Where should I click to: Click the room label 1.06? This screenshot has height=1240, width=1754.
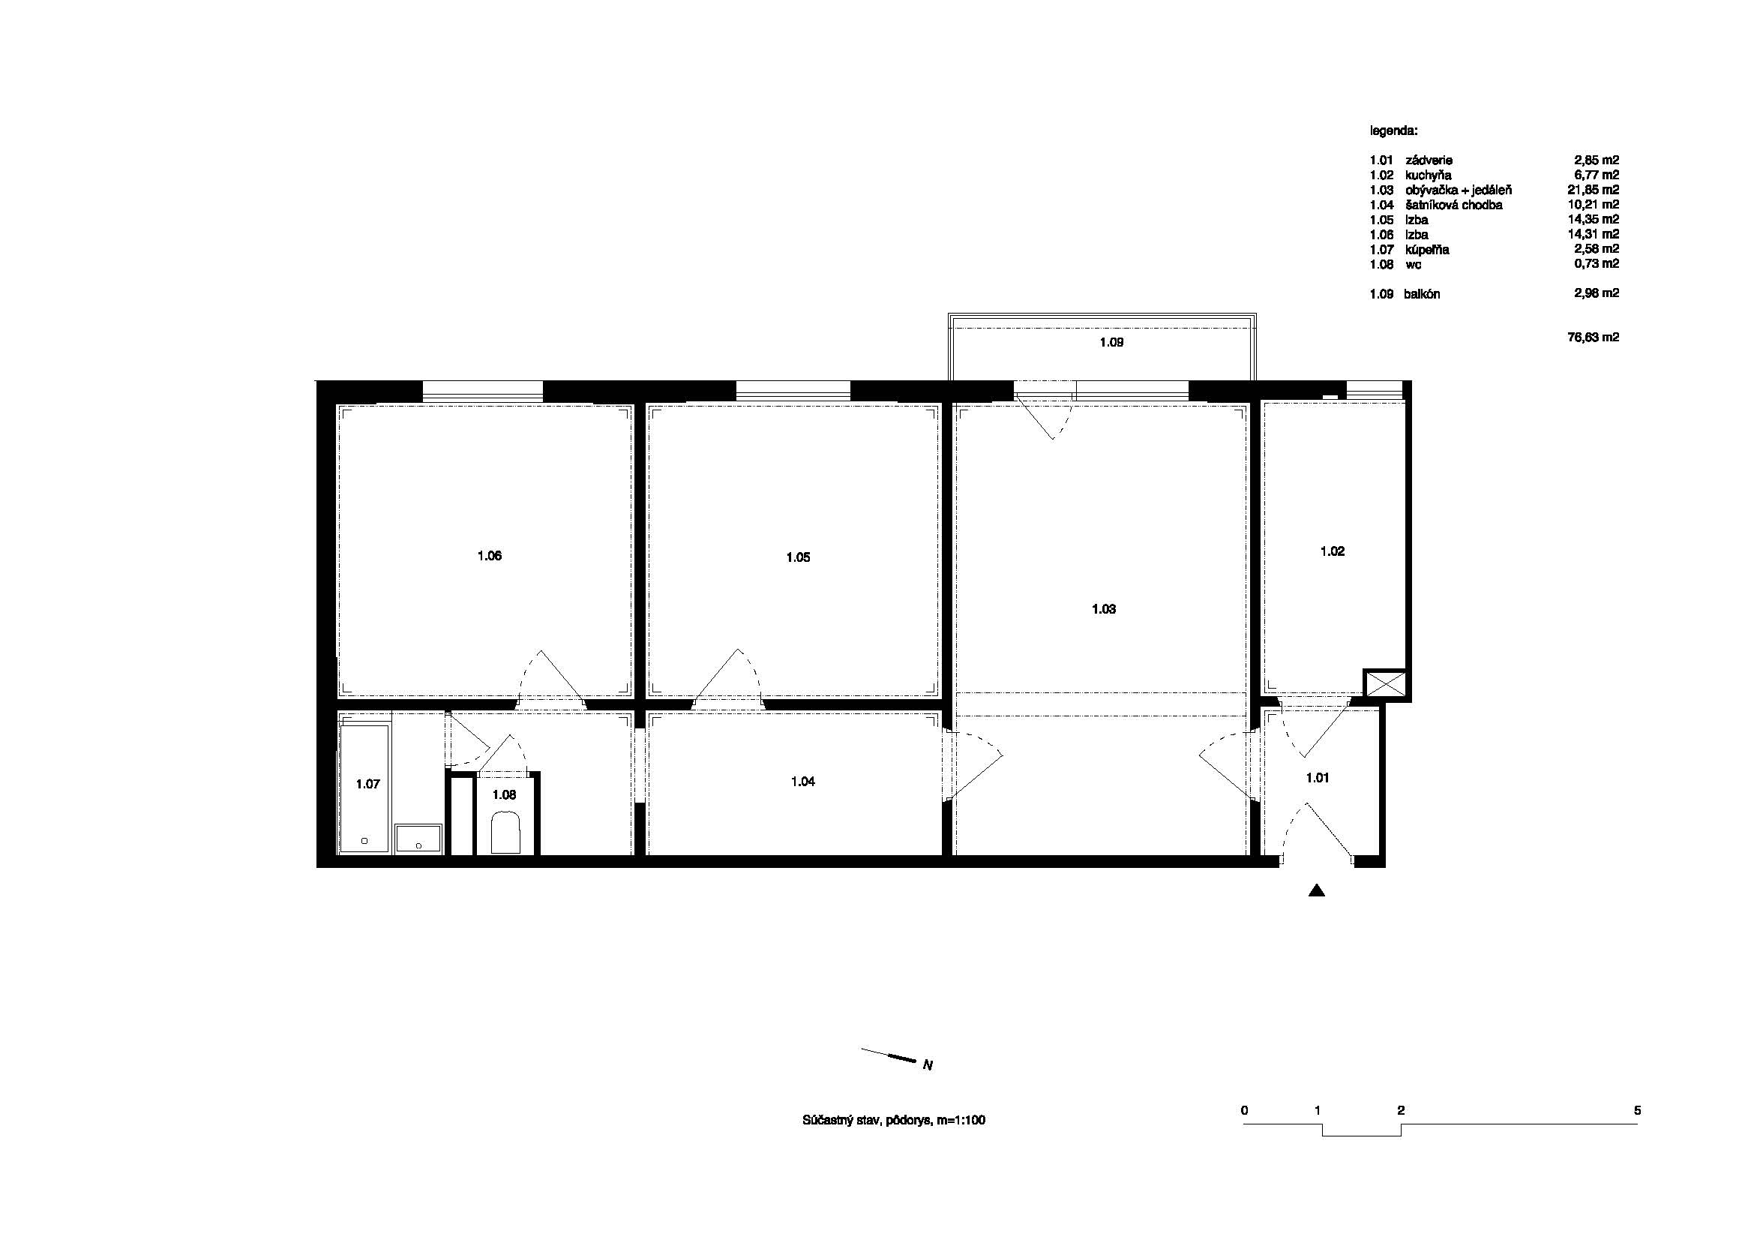(x=490, y=556)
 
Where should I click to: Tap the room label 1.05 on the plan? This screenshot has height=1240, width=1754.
(x=799, y=557)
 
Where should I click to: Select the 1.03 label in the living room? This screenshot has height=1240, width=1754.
(x=1104, y=610)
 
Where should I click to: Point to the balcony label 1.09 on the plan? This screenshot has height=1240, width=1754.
(x=1111, y=343)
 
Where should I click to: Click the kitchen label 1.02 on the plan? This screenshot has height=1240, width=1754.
(x=1333, y=551)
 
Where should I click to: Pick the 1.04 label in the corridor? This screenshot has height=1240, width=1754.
(x=803, y=782)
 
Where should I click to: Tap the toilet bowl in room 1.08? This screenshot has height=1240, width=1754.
(x=505, y=833)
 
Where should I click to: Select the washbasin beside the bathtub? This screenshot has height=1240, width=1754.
(x=418, y=838)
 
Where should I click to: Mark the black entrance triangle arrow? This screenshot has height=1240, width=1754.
(x=1316, y=890)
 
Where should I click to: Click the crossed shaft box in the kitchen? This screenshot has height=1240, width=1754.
(x=1385, y=684)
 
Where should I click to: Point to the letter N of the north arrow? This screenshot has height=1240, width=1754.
(x=928, y=1065)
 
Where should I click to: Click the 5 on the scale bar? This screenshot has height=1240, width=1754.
(x=1637, y=1110)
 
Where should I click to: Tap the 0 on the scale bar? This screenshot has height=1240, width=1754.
(x=1245, y=1110)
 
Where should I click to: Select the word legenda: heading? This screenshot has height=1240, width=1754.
(x=1393, y=131)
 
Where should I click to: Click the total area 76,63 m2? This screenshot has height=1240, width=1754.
(x=1593, y=337)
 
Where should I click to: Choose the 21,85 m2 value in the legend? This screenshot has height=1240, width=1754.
(x=1593, y=190)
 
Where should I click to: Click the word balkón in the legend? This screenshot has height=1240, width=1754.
(x=1422, y=294)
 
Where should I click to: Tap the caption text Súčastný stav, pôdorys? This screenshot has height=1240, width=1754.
(x=867, y=1121)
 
